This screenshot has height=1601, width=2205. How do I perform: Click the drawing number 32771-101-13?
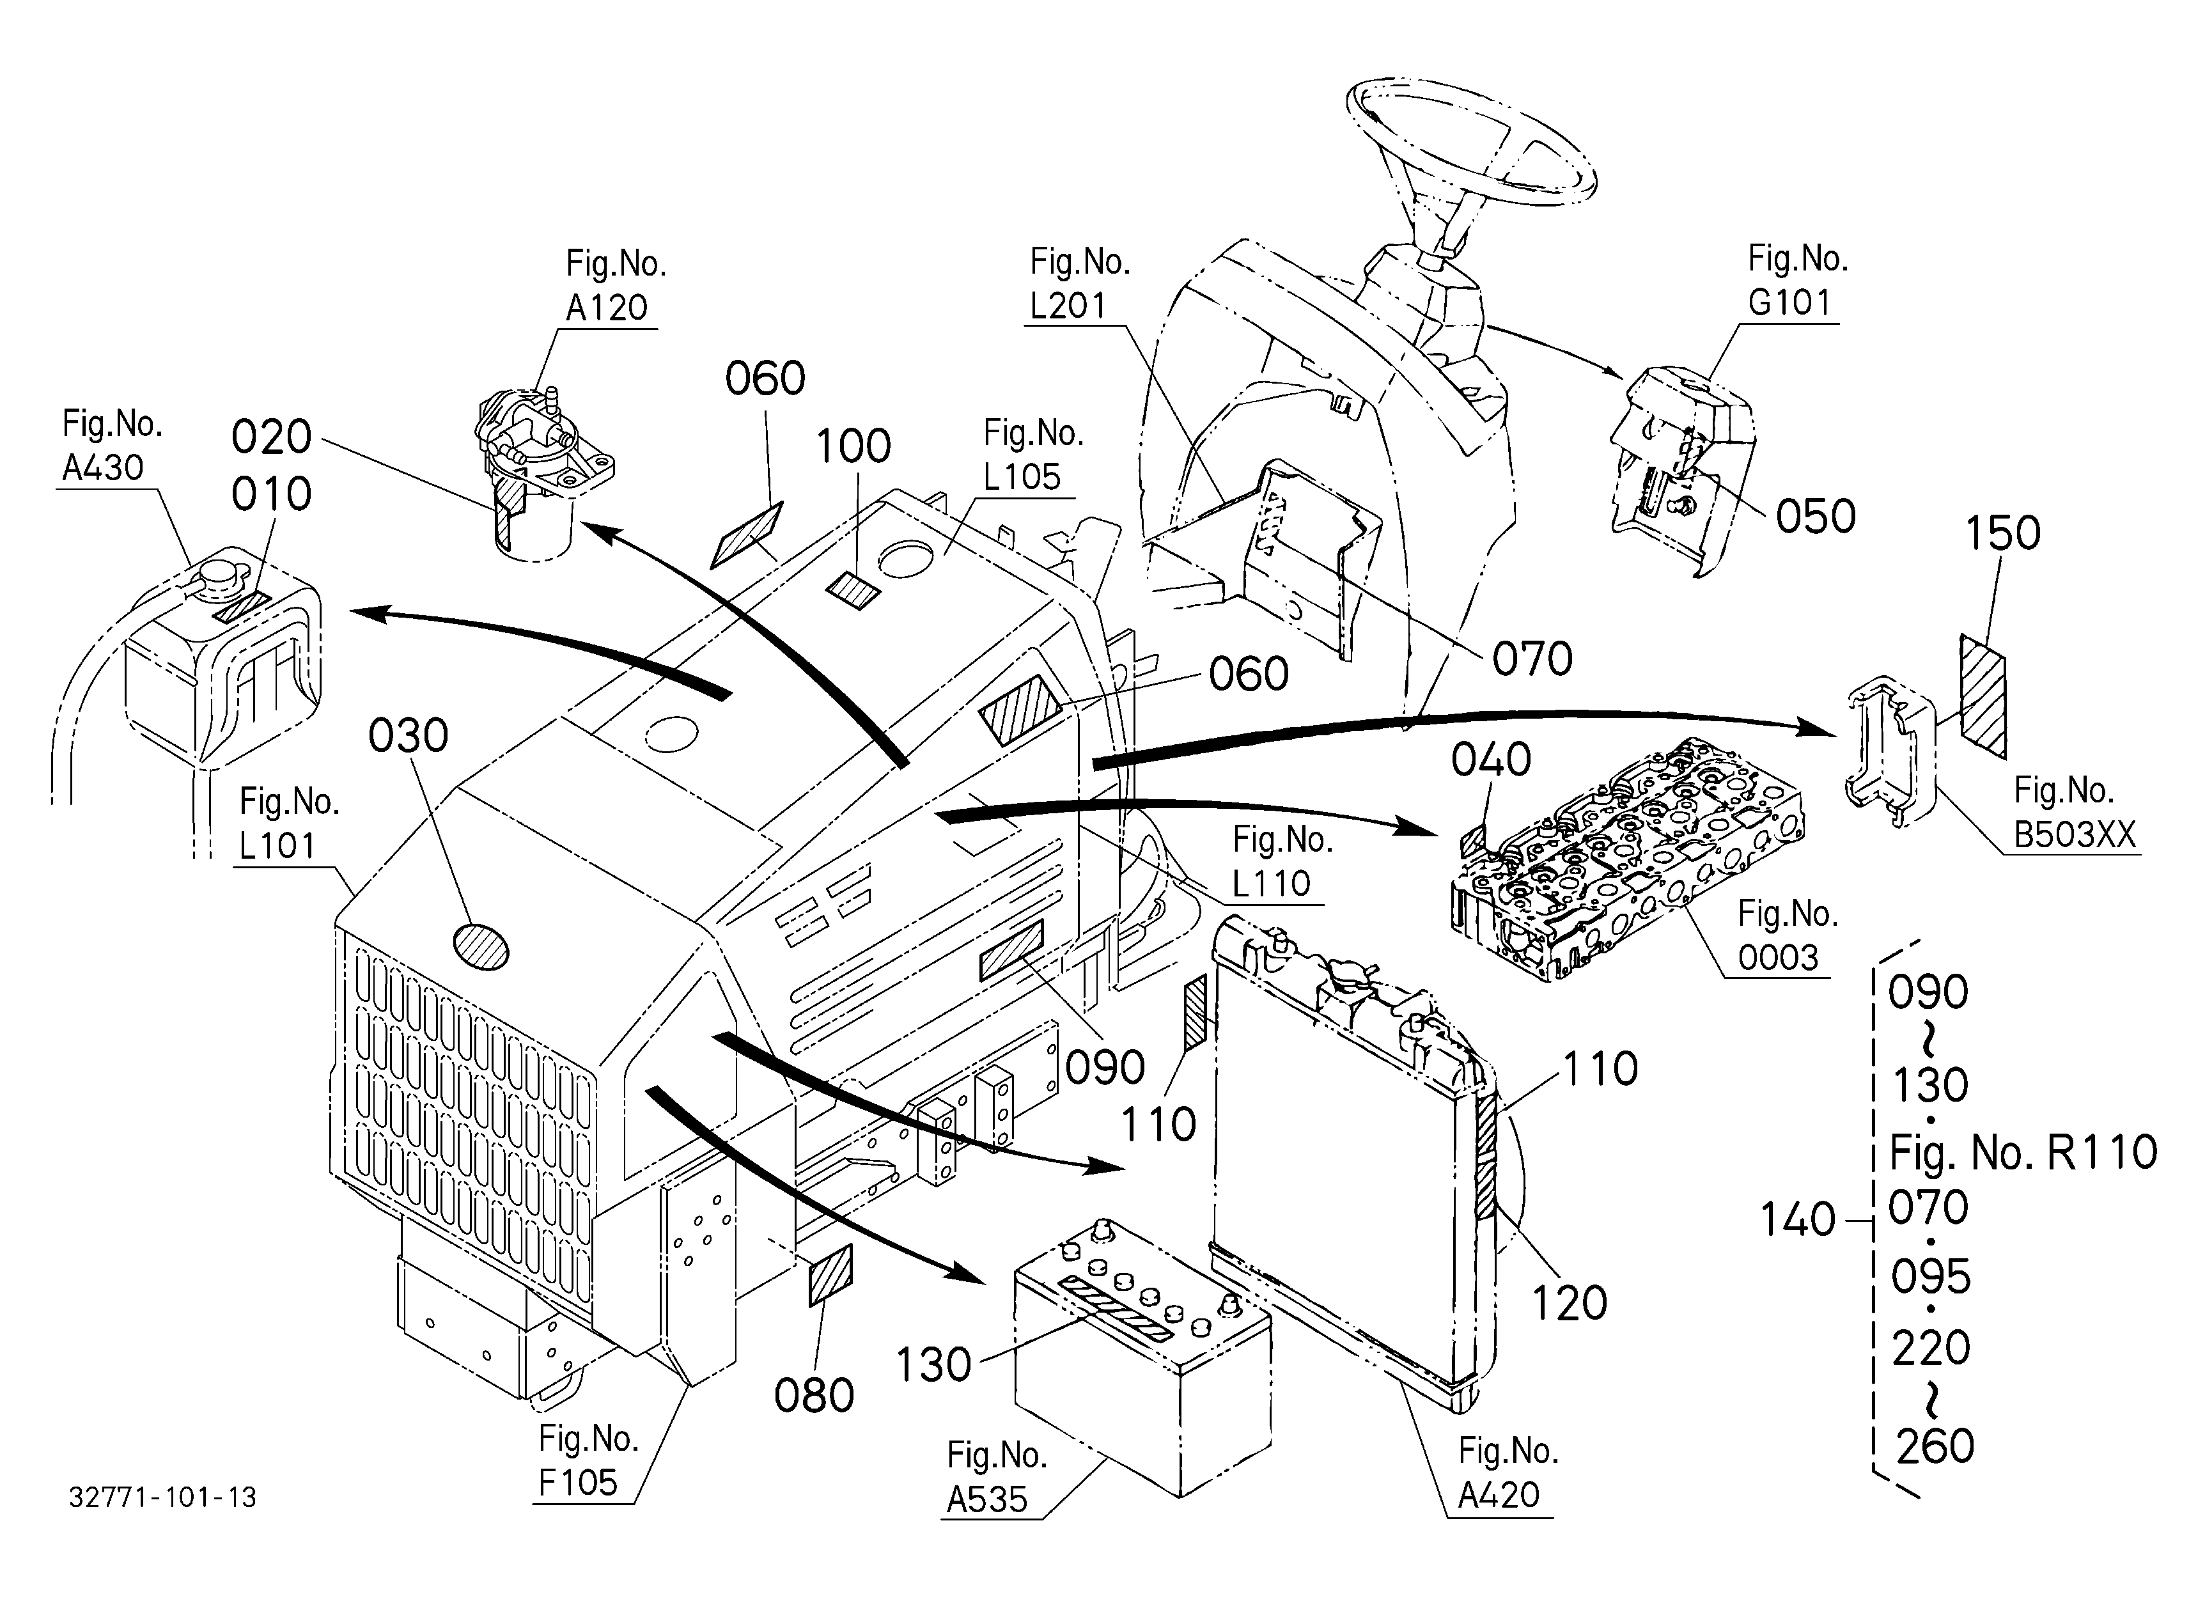coord(162,1497)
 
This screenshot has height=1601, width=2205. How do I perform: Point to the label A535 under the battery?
coord(987,1499)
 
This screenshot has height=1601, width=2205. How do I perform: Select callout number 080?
coord(814,1395)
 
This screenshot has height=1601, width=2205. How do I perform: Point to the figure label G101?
coord(1789,302)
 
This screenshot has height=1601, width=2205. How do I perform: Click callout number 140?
coord(1798,1219)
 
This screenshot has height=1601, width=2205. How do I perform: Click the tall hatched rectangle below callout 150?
coord(1983,696)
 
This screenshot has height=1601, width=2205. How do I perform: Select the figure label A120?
coord(607,307)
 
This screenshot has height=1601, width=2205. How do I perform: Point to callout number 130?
coord(933,1365)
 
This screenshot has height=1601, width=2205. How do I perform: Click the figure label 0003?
coord(1778,958)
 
